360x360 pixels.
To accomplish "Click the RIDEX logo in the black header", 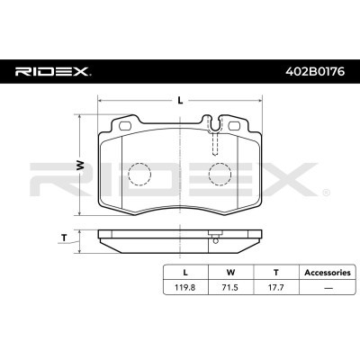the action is point(51,71).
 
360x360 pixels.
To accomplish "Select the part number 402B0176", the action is point(315,72).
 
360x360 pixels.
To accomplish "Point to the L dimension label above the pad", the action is point(180,101).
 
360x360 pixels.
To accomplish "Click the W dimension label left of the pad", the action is point(79,165).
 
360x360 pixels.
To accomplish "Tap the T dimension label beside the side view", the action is point(64,238).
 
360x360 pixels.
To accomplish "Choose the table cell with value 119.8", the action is point(185,288).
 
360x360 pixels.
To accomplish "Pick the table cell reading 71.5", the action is point(230,288).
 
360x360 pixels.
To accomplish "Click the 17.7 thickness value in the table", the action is point(276,288).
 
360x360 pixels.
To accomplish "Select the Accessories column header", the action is point(328,273).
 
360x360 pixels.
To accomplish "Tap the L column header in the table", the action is point(185,273).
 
